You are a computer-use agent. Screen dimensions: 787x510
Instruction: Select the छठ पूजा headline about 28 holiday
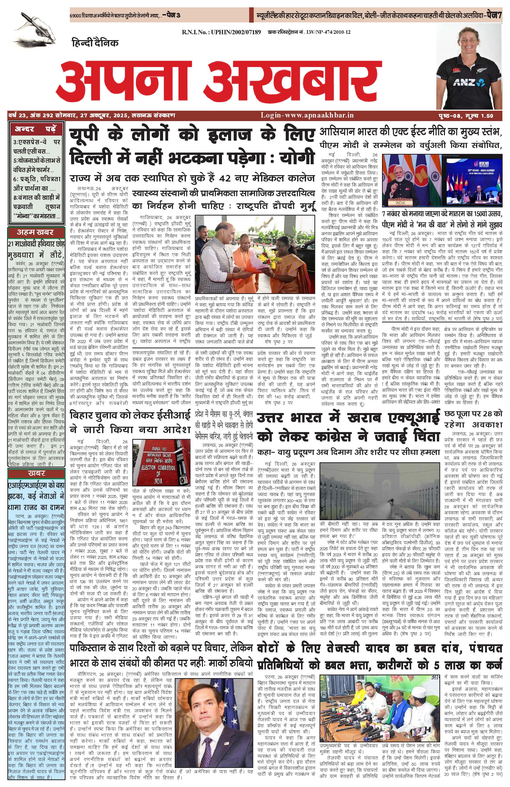(x=473, y=418)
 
